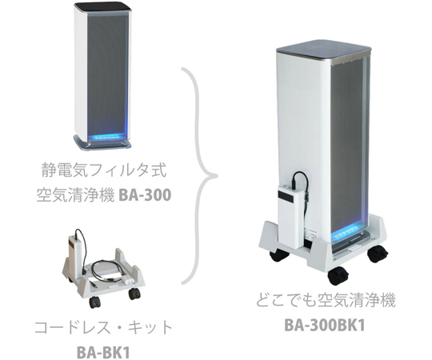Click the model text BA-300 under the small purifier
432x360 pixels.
click(x=145, y=195)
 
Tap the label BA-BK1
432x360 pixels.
click(x=102, y=353)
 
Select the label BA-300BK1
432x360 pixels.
click(x=324, y=325)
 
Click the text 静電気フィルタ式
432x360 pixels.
click(x=104, y=170)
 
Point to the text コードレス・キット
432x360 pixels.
click(x=103, y=328)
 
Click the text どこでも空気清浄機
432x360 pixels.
click(x=326, y=300)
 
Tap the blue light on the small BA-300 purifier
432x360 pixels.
click(x=106, y=136)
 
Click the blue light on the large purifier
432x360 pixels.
click(x=347, y=231)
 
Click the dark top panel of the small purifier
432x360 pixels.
click(x=102, y=8)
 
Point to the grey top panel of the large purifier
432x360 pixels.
click(x=323, y=50)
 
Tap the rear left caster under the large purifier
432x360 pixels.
click(x=279, y=254)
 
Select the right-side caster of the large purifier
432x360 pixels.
click(x=378, y=254)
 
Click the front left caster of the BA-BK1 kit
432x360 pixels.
click(x=94, y=302)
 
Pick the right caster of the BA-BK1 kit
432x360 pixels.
click(x=134, y=294)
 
